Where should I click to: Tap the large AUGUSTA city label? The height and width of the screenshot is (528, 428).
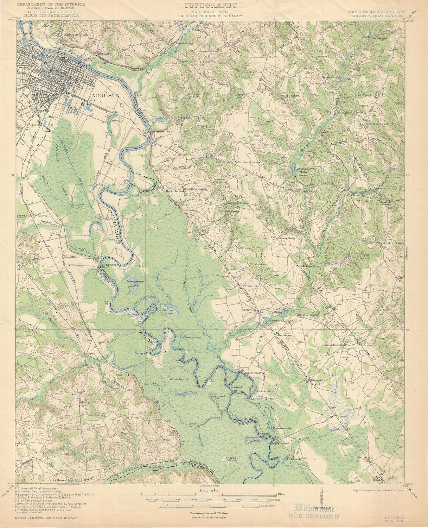click(x=105, y=95)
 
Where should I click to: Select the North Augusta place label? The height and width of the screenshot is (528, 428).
click(x=77, y=35)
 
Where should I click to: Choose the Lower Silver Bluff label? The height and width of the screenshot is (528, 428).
click(x=264, y=399)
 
